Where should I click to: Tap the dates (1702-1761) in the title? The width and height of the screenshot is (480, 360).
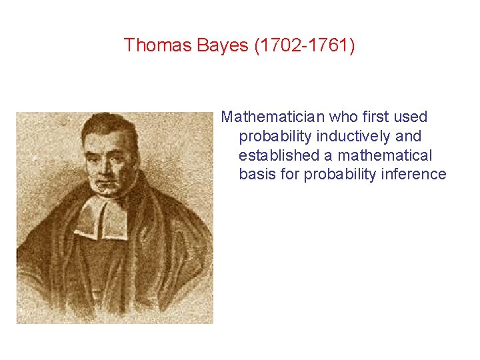[303, 45]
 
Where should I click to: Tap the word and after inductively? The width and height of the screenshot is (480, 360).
[408, 136]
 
